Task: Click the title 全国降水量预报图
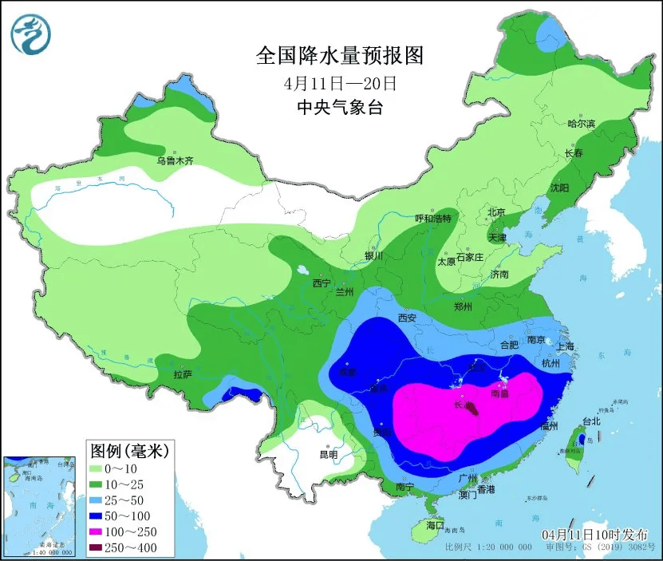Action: point(339,55)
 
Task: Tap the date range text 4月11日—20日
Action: point(340,82)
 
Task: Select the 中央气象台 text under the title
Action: point(339,107)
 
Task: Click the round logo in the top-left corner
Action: point(30,34)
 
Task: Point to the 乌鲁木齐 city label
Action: point(175,160)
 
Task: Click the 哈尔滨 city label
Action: point(581,124)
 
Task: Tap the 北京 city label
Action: point(496,212)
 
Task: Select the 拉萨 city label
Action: point(183,373)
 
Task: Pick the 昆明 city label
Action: point(328,454)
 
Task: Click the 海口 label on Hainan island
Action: point(434,525)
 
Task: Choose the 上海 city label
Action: point(566,346)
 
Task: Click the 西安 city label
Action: point(407,318)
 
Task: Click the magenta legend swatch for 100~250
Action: point(100,531)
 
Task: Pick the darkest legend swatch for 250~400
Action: point(100,547)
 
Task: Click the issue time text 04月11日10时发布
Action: point(595,534)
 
